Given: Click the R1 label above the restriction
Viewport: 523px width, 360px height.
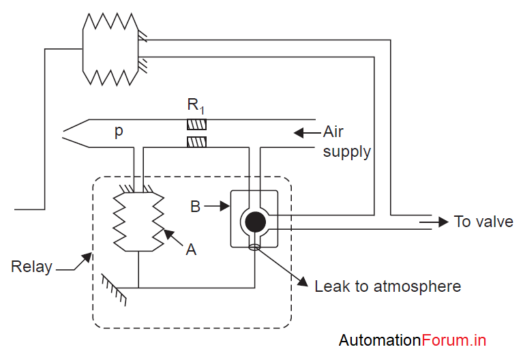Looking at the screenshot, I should [x=196, y=106].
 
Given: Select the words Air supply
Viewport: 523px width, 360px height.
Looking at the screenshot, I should [x=346, y=141].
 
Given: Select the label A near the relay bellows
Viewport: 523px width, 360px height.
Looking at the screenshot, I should [x=191, y=250].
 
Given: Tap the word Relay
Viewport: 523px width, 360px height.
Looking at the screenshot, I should [x=31, y=267].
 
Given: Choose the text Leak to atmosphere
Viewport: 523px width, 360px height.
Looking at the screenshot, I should [x=387, y=286].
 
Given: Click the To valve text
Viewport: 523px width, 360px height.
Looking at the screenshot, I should [x=483, y=222].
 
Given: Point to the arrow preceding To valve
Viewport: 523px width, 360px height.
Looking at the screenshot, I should [x=433, y=222].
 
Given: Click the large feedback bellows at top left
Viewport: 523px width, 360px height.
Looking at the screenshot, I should [x=110, y=49].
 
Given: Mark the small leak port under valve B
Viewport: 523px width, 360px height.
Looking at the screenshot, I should [x=255, y=247].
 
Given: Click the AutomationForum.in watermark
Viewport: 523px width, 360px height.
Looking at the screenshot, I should [x=412, y=340].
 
